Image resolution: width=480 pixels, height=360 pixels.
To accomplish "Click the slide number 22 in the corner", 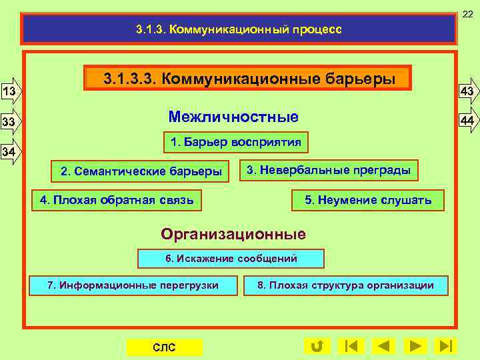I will click(469, 6).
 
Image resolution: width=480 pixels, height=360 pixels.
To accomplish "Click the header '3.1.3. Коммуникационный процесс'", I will click(239, 29).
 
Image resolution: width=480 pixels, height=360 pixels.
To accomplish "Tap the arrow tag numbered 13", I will click(11, 90).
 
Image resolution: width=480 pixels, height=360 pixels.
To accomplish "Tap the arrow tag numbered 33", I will click(11, 122).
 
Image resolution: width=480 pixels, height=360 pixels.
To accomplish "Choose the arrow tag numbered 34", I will click(11, 153).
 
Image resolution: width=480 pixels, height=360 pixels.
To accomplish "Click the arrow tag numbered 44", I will click(467, 120).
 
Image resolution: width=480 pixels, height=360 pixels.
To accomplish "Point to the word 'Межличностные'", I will click(233, 117).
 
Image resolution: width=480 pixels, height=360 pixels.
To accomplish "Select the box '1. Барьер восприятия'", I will click(236, 142).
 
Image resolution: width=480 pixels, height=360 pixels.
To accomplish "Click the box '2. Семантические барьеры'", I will click(141, 171).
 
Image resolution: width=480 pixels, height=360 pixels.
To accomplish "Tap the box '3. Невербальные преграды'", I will click(329, 170).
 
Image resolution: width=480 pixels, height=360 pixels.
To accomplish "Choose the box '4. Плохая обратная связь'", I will click(117, 199).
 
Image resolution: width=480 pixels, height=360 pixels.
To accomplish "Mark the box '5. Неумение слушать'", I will click(368, 200).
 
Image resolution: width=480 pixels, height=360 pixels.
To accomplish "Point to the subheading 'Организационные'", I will click(233, 234).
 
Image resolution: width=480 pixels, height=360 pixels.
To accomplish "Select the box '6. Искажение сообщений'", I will click(231, 259).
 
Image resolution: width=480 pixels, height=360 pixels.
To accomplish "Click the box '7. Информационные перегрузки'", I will click(133, 285).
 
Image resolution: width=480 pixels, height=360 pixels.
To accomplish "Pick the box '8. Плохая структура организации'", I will click(346, 285).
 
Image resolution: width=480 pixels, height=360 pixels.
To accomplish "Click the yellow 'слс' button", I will click(164, 347).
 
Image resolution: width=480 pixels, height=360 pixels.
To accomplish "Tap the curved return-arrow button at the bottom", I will click(317, 346).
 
